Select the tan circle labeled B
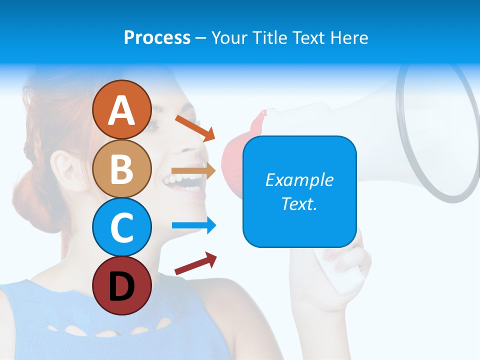[121, 168]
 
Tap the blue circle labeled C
[121, 227]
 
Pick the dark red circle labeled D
[121, 285]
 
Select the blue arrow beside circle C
[194, 225]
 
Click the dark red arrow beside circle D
[195, 263]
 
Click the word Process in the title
[157, 37]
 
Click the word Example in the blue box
[299, 180]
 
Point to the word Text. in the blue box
[299, 203]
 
